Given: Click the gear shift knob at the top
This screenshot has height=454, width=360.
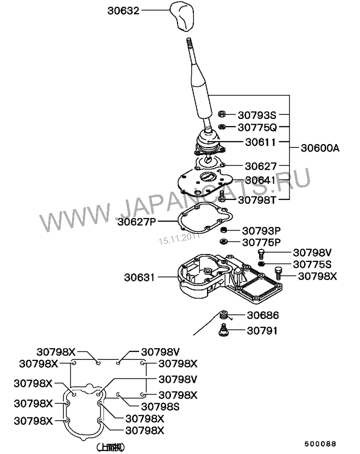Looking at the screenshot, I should tap(183, 17).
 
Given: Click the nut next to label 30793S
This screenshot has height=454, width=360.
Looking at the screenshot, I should tap(222, 114).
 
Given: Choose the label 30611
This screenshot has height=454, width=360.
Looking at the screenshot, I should tap(261, 141).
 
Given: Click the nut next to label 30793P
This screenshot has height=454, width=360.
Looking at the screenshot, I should tap(223, 231).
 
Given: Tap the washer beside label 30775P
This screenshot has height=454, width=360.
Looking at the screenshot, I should tap(223, 242).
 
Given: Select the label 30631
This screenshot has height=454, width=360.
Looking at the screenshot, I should tap(139, 278).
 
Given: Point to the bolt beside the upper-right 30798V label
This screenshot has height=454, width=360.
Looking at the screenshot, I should tap(261, 253).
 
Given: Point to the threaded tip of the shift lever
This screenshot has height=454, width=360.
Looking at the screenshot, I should tap(189, 45).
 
